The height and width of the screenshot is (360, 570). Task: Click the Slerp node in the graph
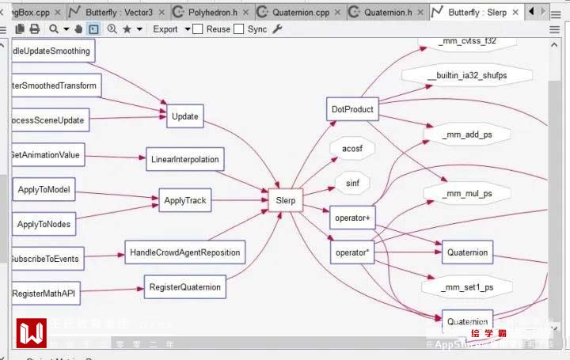click(x=285, y=200)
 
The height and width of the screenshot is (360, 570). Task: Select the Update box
click(x=184, y=116)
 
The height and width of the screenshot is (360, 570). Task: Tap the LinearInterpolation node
click(x=184, y=159)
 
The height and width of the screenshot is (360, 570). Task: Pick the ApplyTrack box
click(x=184, y=201)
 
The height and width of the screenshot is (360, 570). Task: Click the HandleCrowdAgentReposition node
click(x=184, y=253)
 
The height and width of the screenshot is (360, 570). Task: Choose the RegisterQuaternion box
click(x=184, y=286)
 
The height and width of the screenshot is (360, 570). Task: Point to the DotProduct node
click(x=352, y=110)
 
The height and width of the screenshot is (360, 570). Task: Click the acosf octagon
click(x=352, y=149)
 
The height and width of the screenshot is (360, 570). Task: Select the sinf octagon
click(x=352, y=183)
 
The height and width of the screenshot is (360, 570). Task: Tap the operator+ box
click(x=352, y=218)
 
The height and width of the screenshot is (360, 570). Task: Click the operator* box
click(x=352, y=252)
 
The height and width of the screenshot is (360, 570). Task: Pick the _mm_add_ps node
click(x=467, y=135)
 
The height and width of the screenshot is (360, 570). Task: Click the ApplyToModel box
click(x=44, y=190)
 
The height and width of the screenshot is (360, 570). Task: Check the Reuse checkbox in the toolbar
click(x=198, y=29)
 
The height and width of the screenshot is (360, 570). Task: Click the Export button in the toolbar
click(x=165, y=29)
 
